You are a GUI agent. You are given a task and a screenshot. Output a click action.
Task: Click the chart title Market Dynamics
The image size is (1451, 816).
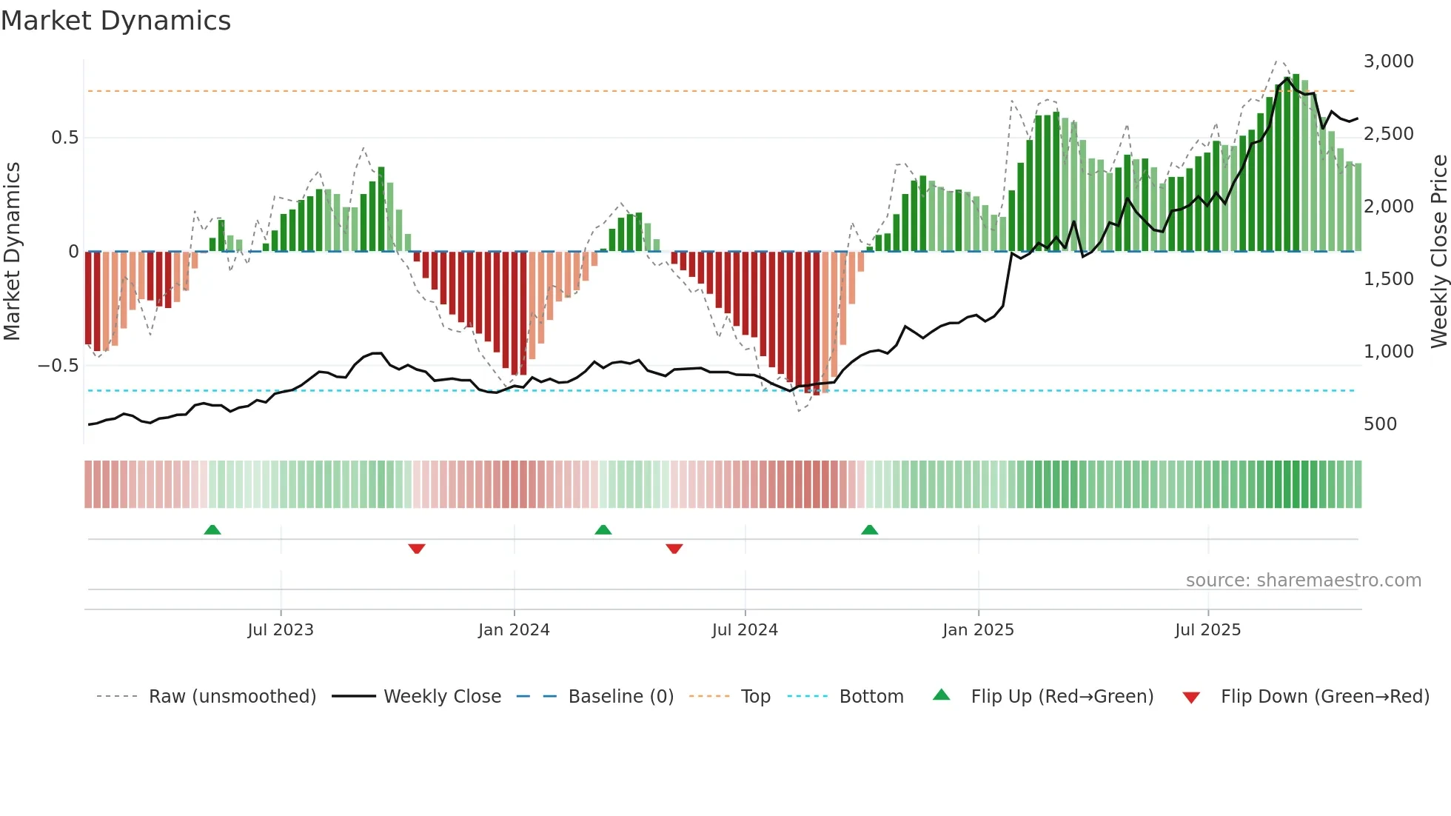click(x=116, y=21)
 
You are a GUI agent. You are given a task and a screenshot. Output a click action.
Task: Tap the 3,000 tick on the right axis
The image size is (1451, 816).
click(x=1388, y=61)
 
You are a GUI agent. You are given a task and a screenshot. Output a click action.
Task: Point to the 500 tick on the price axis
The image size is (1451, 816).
click(x=1380, y=424)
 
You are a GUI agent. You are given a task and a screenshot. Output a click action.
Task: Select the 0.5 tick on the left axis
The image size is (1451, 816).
click(x=64, y=138)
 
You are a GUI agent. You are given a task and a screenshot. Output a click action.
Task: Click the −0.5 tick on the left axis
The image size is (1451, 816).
click(x=58, y=366)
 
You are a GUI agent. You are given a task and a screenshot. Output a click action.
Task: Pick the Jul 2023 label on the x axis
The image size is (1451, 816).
click(x=281, y=630)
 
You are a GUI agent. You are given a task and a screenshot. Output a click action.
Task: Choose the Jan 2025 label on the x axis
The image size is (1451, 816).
click(x=978, y=630)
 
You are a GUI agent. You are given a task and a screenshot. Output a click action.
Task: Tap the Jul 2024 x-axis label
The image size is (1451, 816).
click(x=745, y=630)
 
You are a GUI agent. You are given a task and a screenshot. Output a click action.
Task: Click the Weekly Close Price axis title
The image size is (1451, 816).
click(x=1438, y=252)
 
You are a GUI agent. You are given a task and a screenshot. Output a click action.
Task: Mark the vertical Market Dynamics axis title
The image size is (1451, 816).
click(x=12, y=252)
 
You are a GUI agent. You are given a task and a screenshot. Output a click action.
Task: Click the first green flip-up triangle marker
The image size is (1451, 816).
click(x=212, y=529)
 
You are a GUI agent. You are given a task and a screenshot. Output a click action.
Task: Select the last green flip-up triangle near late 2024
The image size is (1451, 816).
click(x=870, y=529)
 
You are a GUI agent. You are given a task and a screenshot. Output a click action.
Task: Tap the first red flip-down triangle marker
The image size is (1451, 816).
click(x=417, y=549)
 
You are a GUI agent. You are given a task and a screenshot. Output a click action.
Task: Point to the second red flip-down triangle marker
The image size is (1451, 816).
click(x=674, y=549)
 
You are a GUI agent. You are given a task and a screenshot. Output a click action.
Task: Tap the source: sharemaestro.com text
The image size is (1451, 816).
click(x=1303, y=581)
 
